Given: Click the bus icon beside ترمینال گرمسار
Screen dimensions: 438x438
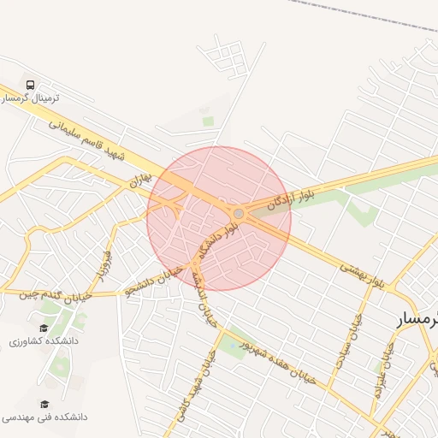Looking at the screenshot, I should pos(31,85).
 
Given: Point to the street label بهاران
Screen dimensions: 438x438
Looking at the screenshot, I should pos(139,178).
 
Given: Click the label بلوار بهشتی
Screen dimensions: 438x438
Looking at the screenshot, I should pos(363,273).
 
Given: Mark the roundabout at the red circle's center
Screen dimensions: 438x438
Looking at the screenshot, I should pos(239,213).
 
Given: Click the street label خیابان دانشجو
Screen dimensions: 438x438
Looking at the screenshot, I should pos(154,280).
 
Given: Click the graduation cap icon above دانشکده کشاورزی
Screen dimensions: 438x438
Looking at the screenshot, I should pos(44,328).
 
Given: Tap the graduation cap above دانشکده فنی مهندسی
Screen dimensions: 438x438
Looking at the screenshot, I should pos(44,404).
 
